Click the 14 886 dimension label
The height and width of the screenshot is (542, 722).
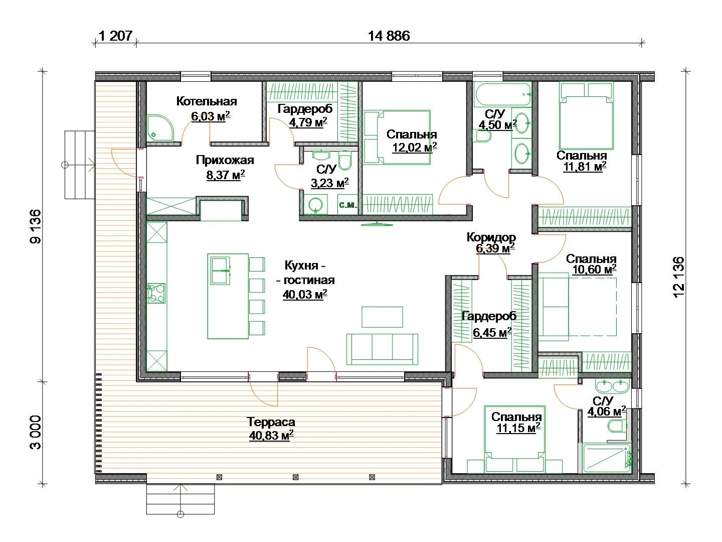[x=389, y=36]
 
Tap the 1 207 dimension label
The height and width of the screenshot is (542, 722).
[x=115, y=36]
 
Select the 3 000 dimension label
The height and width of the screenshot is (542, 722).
[x=36, y=432]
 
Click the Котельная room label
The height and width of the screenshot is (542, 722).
[x=207, y=101]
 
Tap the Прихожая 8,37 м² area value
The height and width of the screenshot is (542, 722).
[x=226, y=175]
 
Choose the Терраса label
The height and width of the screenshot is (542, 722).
[x=271, y=422]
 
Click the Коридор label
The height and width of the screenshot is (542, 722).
[x=491, y=237]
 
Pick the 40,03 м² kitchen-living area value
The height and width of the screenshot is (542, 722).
[x=305, y=294]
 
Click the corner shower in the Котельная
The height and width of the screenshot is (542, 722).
[x=159, y=128]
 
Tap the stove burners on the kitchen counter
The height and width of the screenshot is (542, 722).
[x=156, y=293]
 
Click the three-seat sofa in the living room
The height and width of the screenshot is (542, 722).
[x=382, y=349]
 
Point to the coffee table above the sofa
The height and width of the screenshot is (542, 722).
[x=382, y=317]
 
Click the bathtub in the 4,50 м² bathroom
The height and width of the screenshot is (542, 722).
[x=502, y=94]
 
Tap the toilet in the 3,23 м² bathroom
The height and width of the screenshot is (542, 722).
[x=344, y=161]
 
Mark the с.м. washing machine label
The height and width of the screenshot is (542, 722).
[x=347, y=205]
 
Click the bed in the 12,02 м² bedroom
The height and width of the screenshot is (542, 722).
[x=397, y=137]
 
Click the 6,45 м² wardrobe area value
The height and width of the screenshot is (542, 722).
[x=492, y=332]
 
